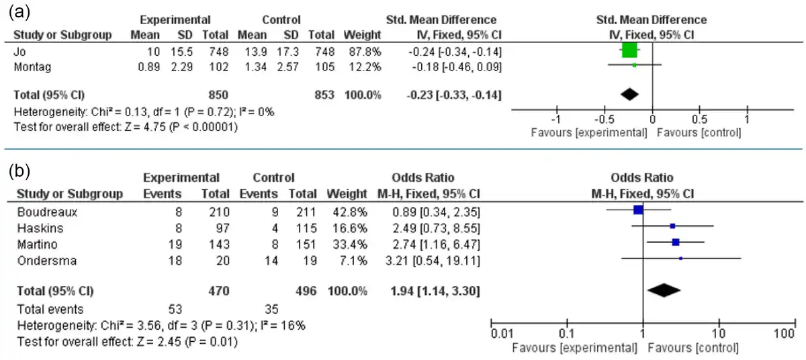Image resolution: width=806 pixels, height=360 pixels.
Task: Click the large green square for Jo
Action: [x=629, y=51]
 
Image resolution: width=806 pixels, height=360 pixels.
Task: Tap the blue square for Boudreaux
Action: [x=639, y=210]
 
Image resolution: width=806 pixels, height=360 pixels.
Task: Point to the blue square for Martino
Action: [x=676, y=242]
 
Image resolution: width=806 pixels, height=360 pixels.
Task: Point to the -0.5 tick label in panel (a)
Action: [x=602, y=120]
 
